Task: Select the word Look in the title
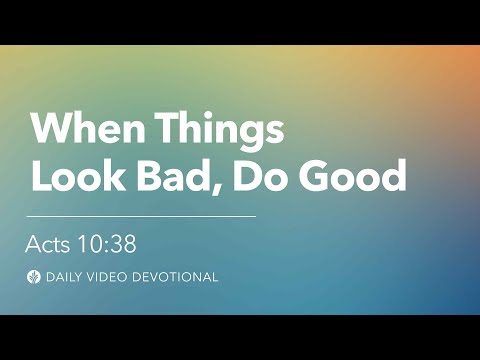75,176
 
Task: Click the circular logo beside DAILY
34,277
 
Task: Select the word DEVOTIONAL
178,277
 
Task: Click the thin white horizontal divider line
140,215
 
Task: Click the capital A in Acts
34,243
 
